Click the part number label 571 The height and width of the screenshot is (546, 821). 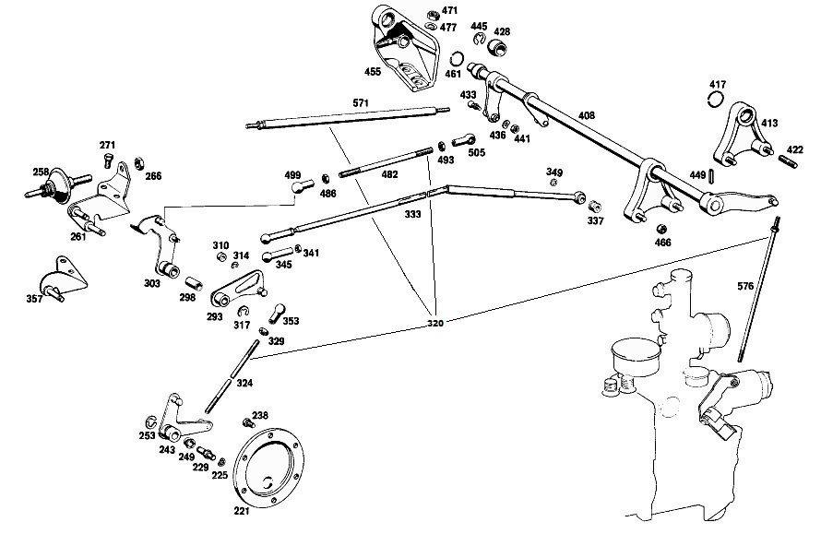(x=361, y=103)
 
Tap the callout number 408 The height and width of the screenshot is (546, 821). (x=587, y=115)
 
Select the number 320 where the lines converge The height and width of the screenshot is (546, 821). (x=435, y=324)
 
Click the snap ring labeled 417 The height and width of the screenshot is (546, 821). (x=716, y=100)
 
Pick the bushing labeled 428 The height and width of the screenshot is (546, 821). (x=499, y=48)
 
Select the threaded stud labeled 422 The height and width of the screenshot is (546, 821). (x=788, y=160)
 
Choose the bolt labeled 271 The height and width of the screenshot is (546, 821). (x=108, y=160)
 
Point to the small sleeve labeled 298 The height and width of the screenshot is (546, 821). (x=194, y=284)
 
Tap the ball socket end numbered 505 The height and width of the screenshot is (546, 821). (x=464, y=140)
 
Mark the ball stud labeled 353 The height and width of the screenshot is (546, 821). (x=277, y=313)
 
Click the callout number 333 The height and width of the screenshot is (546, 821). (x=412, y=214)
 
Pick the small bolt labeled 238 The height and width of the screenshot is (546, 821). (x=248, y=422)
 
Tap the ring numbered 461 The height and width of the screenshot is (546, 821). (x=457, y=59)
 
